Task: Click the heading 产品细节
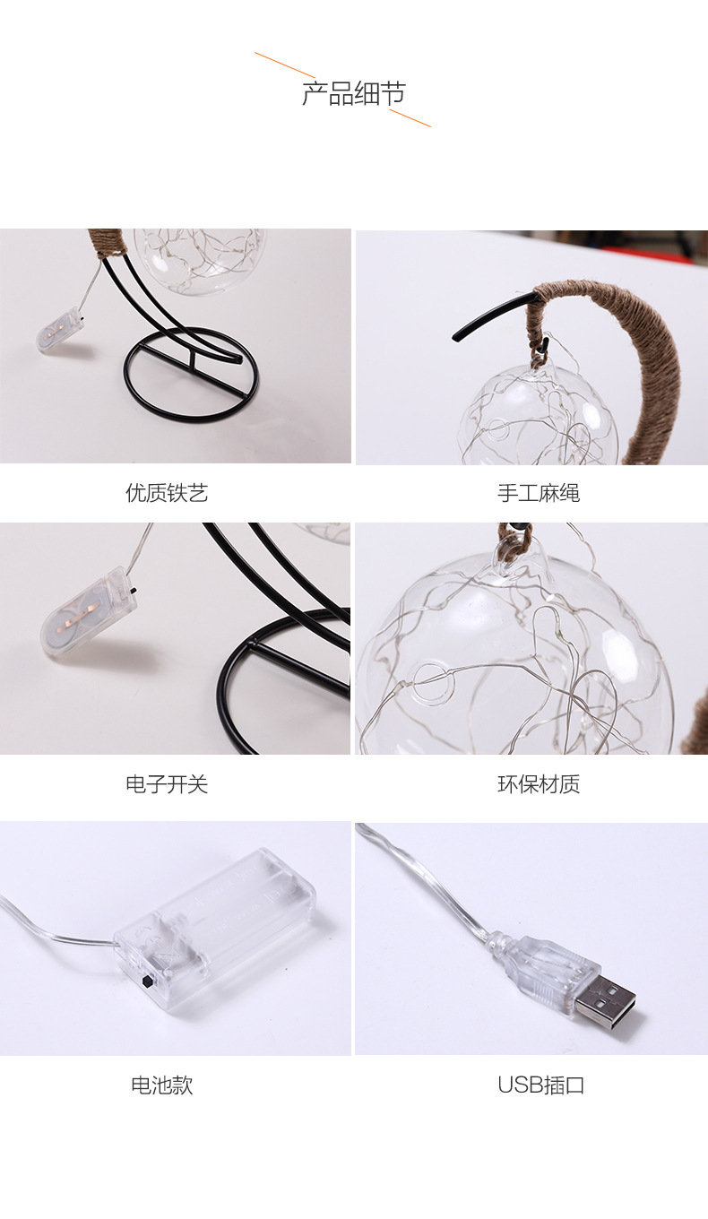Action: (353, 94)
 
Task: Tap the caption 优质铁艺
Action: (167, 493)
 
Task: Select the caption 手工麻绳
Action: (539, 493)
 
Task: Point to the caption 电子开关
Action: (167, 784)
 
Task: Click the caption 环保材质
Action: (539, 784)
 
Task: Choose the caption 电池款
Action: (162, 1085)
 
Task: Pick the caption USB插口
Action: (541, 1085)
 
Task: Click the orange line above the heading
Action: (285, 65)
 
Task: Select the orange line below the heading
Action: (410, 117)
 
